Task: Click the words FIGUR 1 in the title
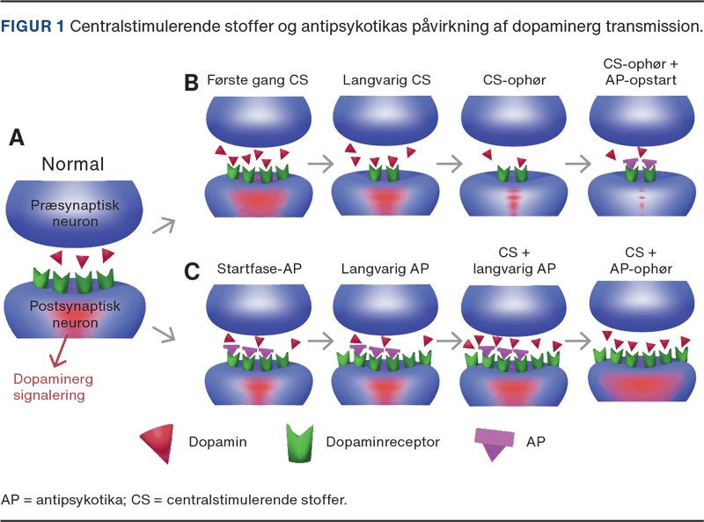(x=32, y=26)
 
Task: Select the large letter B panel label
(x=191, y=83)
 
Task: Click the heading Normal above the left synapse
(x=72, y=165)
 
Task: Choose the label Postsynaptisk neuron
(x=73, y=314)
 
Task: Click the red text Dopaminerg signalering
(x=53, y=386)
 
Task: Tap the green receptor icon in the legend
(x=300, y=443)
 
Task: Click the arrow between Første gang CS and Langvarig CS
(x=322, y=163)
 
